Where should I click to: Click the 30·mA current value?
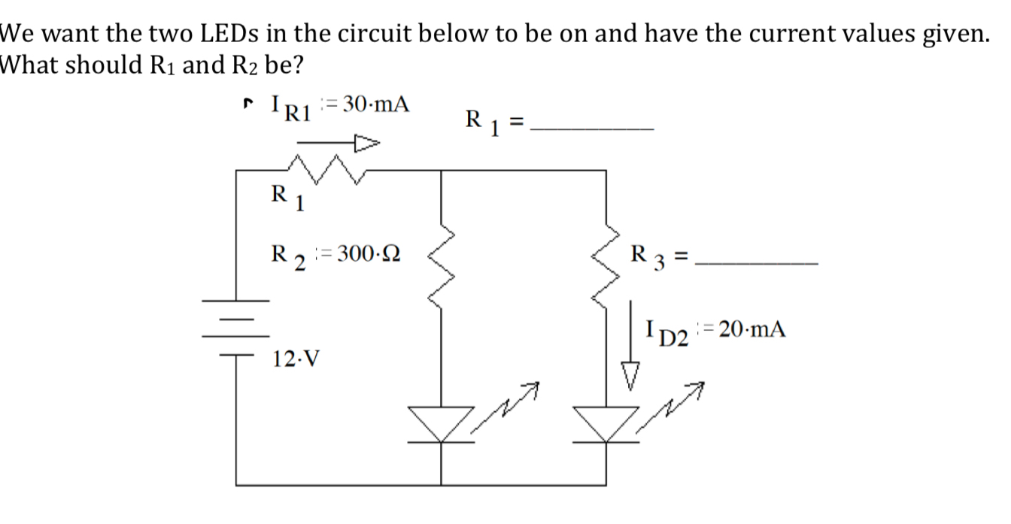pos(376,104)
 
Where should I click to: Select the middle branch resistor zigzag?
pos(441,267)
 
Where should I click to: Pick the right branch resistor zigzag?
pos(606,267)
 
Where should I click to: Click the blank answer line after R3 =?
pos(756,262)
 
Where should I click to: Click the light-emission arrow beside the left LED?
pos(514,401)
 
